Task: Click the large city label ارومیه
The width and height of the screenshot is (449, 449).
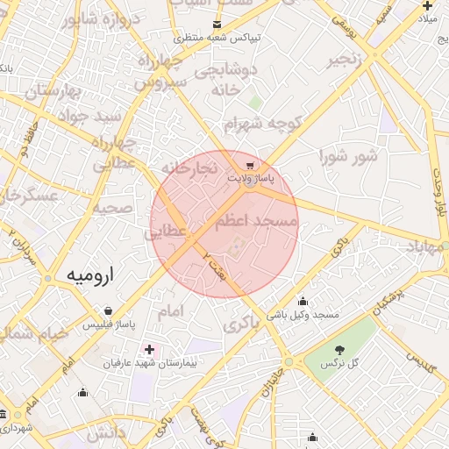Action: tap(91, 275)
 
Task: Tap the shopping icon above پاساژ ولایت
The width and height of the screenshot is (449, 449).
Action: tap(250, 165)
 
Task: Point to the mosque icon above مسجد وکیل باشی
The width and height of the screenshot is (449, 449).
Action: tap(303, 301)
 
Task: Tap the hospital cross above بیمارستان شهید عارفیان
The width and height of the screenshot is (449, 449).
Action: tap(148, 350)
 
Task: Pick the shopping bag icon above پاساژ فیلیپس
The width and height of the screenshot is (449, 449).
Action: tap(108, 311)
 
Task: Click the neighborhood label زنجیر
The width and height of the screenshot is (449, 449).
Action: tap(344, 60)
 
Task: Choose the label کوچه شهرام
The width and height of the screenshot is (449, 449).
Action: tap(262, 125)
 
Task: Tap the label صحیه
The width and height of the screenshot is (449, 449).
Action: tap(112, 209)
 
